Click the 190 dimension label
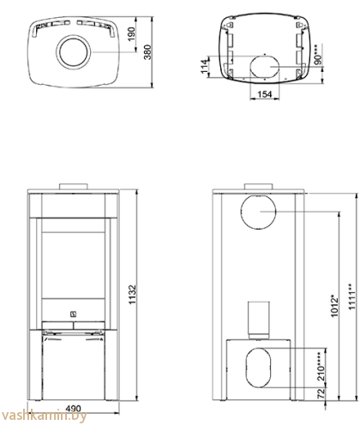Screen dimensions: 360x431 point(131,33)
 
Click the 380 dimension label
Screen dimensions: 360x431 point(147,51)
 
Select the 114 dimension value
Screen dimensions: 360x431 point(204,66)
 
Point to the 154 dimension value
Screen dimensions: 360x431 point(265,94)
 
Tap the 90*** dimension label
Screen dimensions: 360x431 point(318,55)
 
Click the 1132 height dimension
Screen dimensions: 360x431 point(133,295)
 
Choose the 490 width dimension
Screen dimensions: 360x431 point(73,409)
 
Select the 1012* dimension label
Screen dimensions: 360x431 point(334,306)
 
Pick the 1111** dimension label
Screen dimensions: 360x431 point(352,296)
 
